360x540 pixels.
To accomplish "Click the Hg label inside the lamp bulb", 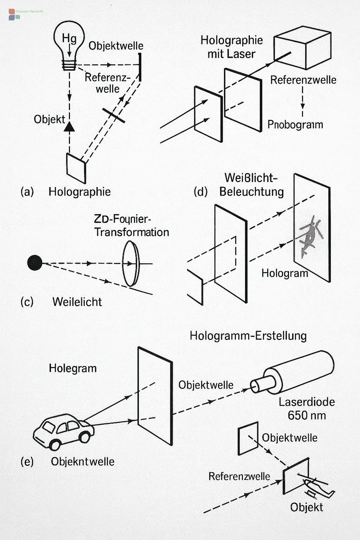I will [x=69, y=38].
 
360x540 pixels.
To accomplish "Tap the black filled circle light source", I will [x=34, y=263].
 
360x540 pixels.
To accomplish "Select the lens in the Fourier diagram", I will [x=130, y=264].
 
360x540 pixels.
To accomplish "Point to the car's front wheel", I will [x=85, y=437].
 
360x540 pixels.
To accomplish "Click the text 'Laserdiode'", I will [x=307, y=402].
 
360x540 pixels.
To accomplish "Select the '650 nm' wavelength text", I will [x=307, y=416].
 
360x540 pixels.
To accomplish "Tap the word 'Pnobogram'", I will [x=295, y=124].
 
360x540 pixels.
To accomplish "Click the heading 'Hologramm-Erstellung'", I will [x=248, y=336].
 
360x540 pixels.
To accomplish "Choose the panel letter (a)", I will [x=27, y=192].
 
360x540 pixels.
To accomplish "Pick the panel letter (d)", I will [x=200, y=192].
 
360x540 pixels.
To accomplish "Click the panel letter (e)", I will [x=27, y=462].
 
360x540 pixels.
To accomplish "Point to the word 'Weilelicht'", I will [x=77, y=302].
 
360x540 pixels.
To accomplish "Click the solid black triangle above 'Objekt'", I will [x=70, y=126].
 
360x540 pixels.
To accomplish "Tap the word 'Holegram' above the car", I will [x=72, y=368].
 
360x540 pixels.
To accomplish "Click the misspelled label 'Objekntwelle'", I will [x=83, y=462].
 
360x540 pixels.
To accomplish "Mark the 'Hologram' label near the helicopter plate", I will [x=284, y=273].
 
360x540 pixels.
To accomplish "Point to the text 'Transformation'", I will [x=131, y=232].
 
